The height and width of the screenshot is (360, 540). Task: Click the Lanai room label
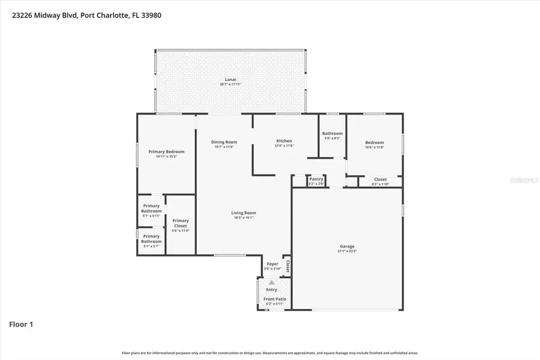(x=230, y=79)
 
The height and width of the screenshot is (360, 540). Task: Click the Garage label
(x=347, y=246)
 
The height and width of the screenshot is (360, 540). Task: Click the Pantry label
(x=316, y=179)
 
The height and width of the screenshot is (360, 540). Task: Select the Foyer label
(x=272, y=263)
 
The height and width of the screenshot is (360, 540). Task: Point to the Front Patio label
(x=275, y=299)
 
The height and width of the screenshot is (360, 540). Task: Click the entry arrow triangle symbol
(x=272, y=282)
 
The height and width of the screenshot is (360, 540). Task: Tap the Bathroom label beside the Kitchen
(x=332, y=133)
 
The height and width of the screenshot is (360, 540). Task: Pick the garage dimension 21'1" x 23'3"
(x=347, y=251)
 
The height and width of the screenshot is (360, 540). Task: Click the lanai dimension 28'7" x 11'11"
(x=230, y=85)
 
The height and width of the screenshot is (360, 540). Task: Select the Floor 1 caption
(x=21, y=325)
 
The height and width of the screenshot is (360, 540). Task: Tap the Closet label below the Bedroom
(x=380, y=179)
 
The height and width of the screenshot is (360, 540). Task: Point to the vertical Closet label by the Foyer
(x=287, y=266)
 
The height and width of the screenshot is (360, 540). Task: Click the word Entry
(x=272, y=290)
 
